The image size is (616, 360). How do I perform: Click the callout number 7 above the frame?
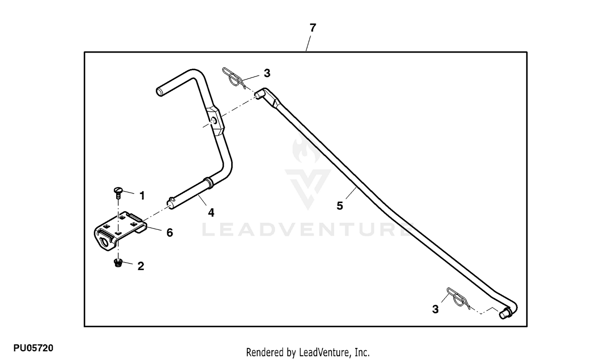coord(313,28)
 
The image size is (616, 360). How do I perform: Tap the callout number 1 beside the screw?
coord(142,196)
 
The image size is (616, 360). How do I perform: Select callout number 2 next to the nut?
coord(140,266)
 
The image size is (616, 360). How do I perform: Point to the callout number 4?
coord(211,212)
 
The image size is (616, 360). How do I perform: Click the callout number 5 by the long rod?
coord(340,206)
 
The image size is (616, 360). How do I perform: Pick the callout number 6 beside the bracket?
coord(170,233)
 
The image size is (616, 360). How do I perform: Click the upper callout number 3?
coord(267,73)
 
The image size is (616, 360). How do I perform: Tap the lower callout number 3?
coord(435,309)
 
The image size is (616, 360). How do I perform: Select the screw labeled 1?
coord(118,193)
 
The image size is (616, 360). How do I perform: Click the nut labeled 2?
coord(118,263)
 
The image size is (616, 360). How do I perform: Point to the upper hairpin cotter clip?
coord(234,78)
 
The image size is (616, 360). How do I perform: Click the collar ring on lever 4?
coord(209,183)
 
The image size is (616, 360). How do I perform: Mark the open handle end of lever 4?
coord(159,92)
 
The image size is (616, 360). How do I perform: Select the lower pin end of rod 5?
coord(504,314)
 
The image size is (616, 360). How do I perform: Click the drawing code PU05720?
coord(33,348)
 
